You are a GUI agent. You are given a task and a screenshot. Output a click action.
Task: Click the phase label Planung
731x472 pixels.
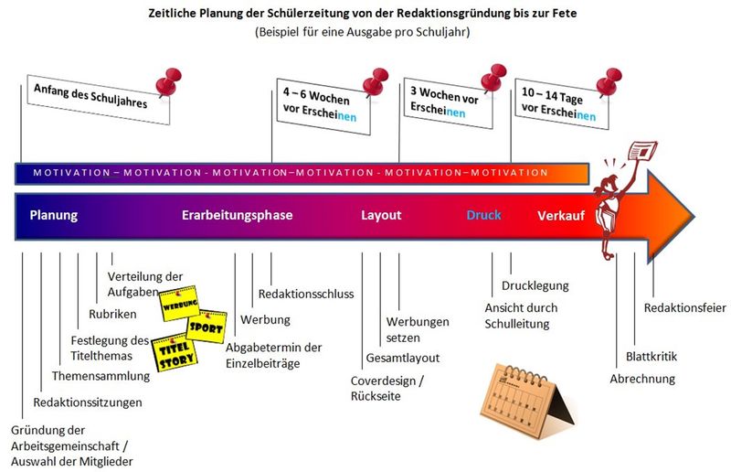coord(54,215)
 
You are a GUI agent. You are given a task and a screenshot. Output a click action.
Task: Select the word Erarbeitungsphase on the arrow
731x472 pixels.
coord(238,215)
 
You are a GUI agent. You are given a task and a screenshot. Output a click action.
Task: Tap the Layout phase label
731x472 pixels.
coord(381,215)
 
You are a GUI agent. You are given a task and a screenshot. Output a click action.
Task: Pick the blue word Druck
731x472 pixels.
coord(484,215)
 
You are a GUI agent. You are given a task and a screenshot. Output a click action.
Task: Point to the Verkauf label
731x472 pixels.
coord(561,216)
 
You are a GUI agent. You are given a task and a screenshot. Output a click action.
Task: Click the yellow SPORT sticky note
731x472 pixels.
coord(207,327)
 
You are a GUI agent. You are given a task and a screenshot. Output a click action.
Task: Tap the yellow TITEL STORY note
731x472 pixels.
coord(175,353)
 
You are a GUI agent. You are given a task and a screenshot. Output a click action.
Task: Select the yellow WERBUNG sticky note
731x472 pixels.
coord(179,304)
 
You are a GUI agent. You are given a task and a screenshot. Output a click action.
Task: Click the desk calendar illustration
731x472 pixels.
coord(527,402)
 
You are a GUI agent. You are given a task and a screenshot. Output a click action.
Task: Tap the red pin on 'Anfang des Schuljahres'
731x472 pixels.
coord(168,81)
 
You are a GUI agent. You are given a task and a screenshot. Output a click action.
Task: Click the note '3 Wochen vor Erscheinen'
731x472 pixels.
coord(448,103)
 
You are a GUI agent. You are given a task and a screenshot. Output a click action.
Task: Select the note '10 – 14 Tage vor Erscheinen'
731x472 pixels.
coord(562,104)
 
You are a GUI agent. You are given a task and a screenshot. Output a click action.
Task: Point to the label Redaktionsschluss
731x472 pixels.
coord(306,295)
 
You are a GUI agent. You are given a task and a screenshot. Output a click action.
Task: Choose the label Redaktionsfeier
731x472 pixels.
coord(684,308)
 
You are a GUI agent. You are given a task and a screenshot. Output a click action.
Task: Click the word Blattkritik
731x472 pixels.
coord(652,357)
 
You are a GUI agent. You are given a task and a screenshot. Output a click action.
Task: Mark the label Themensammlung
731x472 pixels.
coord(101,376)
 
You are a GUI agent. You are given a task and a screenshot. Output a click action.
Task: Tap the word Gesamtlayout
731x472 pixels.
coord(403,358)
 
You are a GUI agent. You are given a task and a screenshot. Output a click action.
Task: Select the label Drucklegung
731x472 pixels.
coord(535,285)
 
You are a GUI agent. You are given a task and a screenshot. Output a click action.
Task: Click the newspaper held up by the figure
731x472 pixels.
coord(642,151)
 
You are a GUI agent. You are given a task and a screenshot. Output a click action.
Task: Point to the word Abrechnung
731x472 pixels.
coord(642,379)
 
